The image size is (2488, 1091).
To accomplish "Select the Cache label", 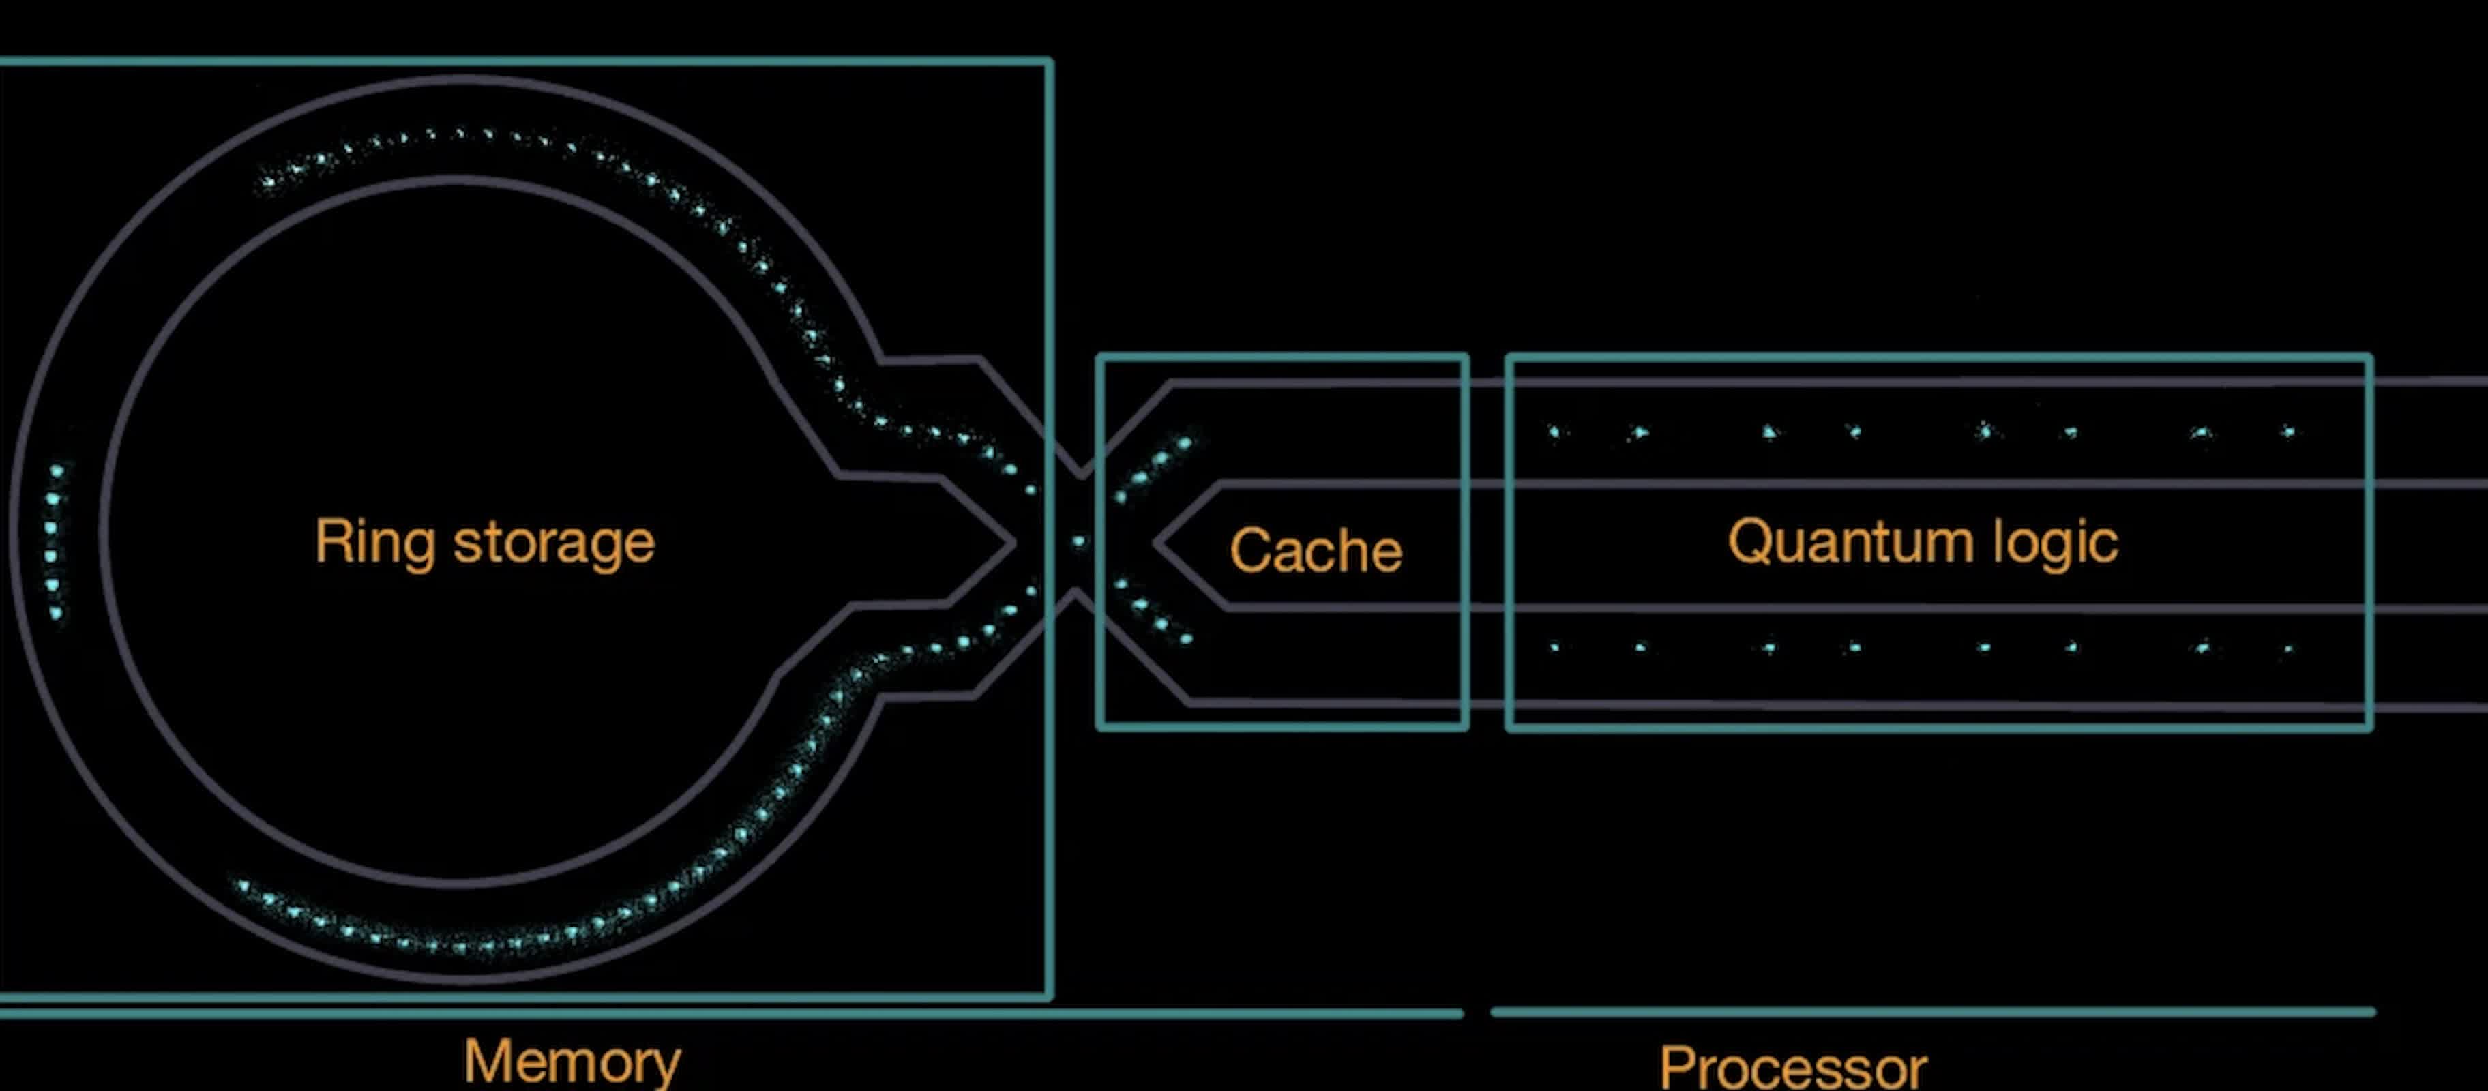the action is click(1316, 550).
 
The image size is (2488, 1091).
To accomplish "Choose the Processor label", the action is click(1792, 1068).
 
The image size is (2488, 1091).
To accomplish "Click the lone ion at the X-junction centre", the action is click(1079, 541).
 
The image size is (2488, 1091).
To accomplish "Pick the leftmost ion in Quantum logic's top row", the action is click(1554, 432).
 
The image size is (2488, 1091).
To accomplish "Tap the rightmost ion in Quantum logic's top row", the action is click(2288, 432).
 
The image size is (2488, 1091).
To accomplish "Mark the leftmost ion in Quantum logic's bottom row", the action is click(1554, 647).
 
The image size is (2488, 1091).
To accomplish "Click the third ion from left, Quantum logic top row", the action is click(1768, 432).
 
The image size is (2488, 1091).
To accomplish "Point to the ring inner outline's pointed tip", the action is click(1015, 541).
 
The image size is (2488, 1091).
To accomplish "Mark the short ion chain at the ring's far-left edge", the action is click(54, 541).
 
